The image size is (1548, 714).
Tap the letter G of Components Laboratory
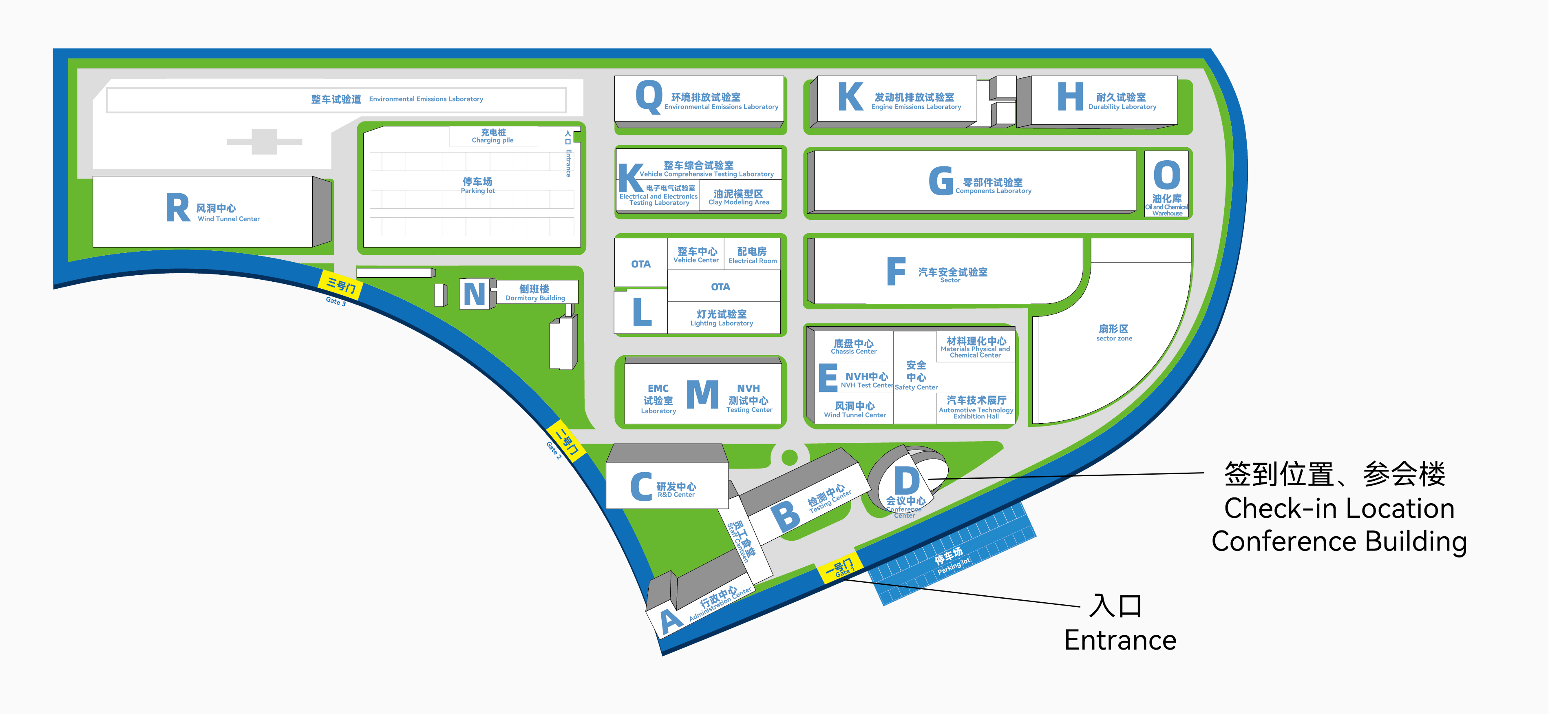941,181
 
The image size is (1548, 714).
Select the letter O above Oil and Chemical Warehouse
1167,175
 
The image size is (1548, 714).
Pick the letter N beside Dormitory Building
475,294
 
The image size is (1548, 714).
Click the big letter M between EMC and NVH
702,394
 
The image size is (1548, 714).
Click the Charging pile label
493,136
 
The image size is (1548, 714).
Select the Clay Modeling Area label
739,197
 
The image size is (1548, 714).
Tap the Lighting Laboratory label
722,318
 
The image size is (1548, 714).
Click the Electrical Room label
752,255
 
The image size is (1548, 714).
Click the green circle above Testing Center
790,458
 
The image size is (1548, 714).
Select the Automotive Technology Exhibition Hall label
976,407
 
